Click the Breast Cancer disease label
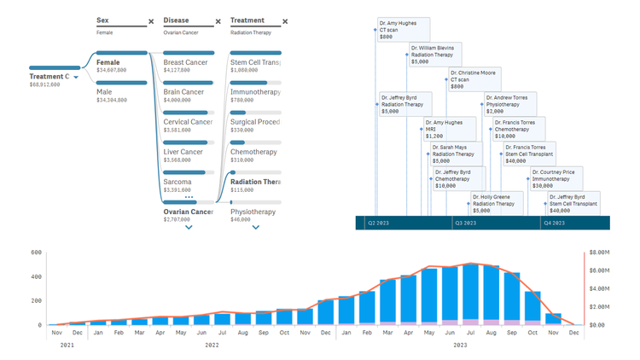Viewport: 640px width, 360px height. pyautogui.click(x=185, y=62)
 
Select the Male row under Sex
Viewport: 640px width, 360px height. pyautogui.click(x=104, y=92)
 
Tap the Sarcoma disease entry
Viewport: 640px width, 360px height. pyautogui.click(x=177, y=182)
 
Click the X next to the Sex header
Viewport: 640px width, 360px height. pyautogui.click(x=151, y=21)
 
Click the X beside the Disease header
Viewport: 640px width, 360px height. pyautogui.click(x=218, y=21)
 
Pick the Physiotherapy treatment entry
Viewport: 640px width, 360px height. pyautogui.click(x=253, y=212)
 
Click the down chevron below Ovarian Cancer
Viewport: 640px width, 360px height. pyautogui.click(x=189, y=228)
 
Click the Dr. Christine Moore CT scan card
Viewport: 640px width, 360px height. pyautogui.click(x=474, y=80)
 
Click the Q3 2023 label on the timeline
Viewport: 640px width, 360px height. pyautogui.click(x=465, y=223)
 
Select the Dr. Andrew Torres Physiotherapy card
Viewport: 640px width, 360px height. pyautogui.click(x=509, y=104)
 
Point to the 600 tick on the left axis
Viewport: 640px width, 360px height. pyautogui.click(x=36, y=253)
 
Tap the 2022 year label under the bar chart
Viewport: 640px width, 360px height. pyautogui.click(x=212, y=345)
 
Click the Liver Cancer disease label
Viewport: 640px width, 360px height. pyautogui.click(x=183, y=152)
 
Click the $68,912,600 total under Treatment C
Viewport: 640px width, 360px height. pyautogui.click(x=49, y=84)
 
